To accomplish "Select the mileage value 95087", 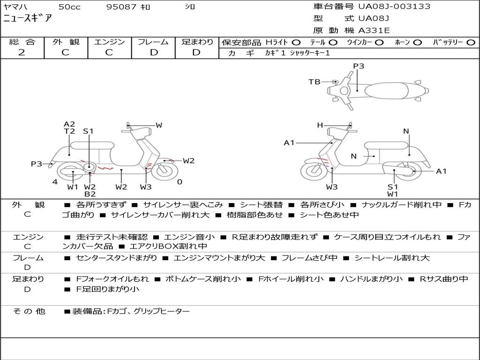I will [x=121, y=7].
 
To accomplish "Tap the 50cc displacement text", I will [x=68, y=7].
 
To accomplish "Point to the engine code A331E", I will [x=374, y=31].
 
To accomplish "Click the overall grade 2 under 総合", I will [x=22, y=52].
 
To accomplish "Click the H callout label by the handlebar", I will [x=320, y=125].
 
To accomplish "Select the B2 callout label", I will [x=90, y=194].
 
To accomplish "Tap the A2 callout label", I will [x=69, y=124].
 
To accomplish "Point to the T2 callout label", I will [x=69, y=132].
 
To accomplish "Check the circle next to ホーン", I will [x=417, y=42].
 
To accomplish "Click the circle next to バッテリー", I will [x=471, y=42].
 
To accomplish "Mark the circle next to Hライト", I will [x=296, y=42].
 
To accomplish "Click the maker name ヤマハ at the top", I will [x=15, y=7].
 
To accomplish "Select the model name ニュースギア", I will [x=28, y=19].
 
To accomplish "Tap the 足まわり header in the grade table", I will [x=197, y=42].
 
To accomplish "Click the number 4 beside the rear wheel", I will [x=55, y=182].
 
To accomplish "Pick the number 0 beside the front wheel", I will [x=180, y=182].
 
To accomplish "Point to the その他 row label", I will [x=29, y=311].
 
